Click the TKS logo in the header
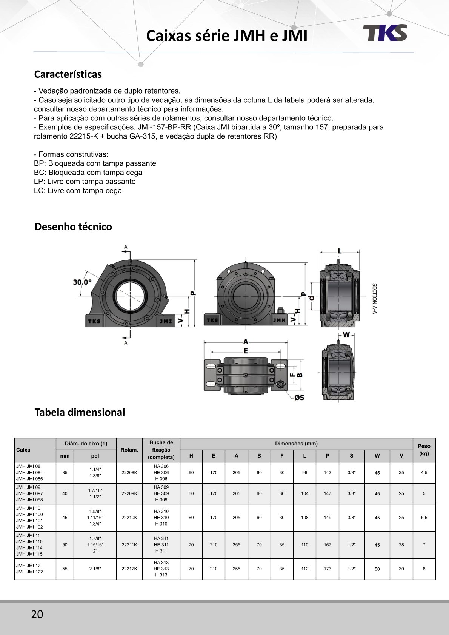(x=385, y=33)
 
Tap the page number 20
(x=37, y=614)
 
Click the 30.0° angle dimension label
(x=82, y=282)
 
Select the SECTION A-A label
(x=374, y=298)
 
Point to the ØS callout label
(x=299, y=397)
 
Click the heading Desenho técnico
(x=73, y=227)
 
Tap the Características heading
(x=68, y=74)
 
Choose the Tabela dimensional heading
(x=80, y=412)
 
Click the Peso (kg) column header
(x=424, y=450)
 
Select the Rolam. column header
(x=129, y=450)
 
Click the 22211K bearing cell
(x=129, y=545)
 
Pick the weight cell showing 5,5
(x=424, y=518)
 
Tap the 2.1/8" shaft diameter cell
(x=95, y=569)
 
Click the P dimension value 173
(x=327, y=569)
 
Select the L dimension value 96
(x=304, y=473)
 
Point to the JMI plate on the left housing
(x=166, y=321)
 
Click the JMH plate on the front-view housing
(x=279, y=320)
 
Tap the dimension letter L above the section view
(x=340, y=251)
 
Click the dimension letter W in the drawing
(x=346, y=334)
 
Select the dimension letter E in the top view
(x=246, y=351)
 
